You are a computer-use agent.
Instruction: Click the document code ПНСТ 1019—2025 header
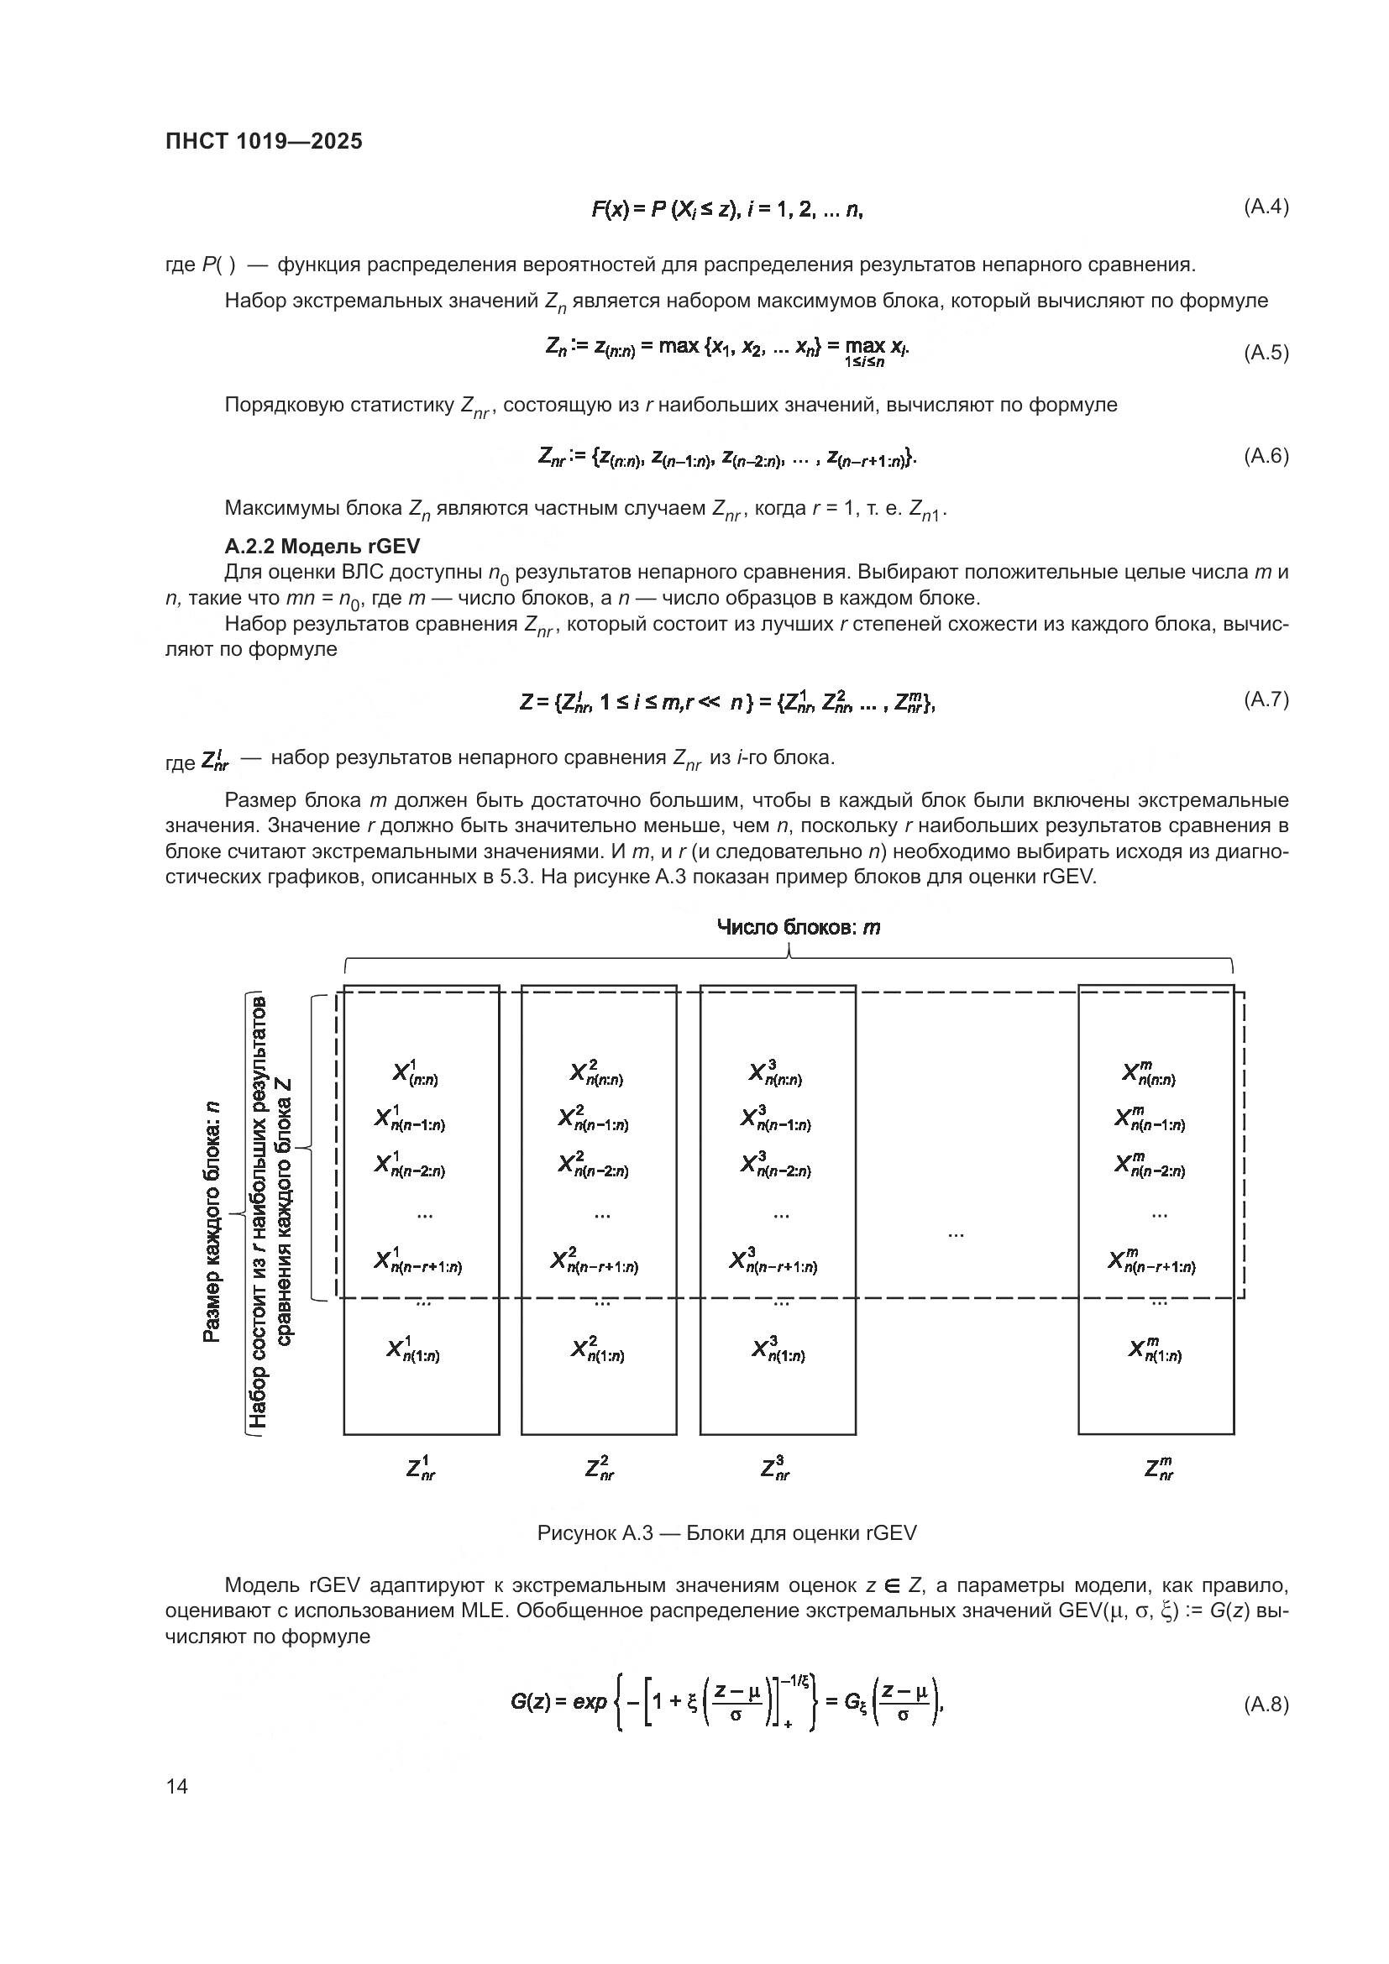tap(264, 141)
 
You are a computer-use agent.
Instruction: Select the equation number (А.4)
tap(1265, 207)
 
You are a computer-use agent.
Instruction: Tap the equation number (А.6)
tap(1265, 455)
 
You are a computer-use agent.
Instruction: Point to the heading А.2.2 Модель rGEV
tap(322, 546)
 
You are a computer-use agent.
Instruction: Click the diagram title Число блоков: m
tap(797, 927)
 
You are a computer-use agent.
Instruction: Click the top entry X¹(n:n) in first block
tap(416, 1074)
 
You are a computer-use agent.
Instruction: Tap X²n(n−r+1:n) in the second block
tap(595, 1261)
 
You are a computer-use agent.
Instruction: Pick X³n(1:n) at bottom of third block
tap(778, 1349)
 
